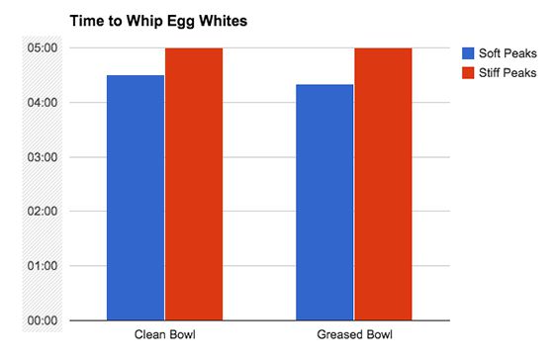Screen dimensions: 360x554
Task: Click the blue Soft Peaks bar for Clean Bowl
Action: [x=136, y=198]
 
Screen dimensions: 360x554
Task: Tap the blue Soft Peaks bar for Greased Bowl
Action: [x=324, y=202]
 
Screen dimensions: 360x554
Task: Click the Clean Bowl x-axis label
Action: [x=164, y=336]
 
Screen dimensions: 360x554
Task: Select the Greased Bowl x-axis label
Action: [x=353, y=336]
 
